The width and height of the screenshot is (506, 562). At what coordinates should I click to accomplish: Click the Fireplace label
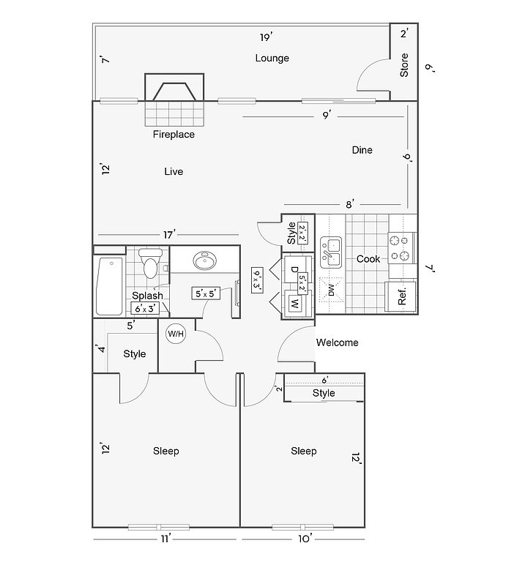tap(174, 135)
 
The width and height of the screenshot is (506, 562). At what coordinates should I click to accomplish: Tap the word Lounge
tap(272, 58)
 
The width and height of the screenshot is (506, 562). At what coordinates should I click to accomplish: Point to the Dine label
tap(362, 150)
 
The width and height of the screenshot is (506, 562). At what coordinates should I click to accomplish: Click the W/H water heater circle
tap(176, 334)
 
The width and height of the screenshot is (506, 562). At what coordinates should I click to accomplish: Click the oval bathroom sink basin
tap(203, 261)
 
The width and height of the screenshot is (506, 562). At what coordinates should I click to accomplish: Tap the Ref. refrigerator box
tap(402, 296)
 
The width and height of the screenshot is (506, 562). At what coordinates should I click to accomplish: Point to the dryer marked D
tap(294, 269)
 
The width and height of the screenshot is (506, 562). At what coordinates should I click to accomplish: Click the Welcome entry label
tap(337, 342)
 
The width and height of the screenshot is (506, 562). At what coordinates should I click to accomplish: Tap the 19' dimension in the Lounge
tap(266, 37)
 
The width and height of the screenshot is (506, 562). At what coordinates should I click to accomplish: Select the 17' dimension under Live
tap(169, 235)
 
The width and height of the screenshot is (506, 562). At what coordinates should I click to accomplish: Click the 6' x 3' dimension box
tap(145, 308)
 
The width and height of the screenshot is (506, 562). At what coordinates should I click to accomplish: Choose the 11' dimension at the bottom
tap(166, 539)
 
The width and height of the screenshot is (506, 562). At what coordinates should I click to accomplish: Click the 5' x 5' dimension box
tap(205, 293)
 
